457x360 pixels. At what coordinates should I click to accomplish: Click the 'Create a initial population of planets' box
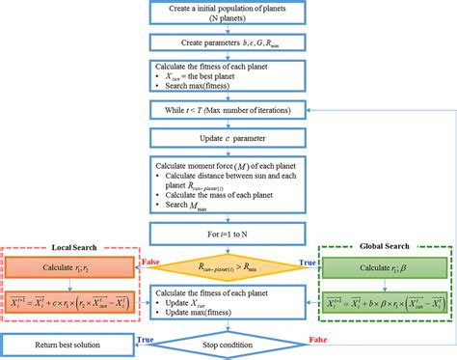(x=228, y=14)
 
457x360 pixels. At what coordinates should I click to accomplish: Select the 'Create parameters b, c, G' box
(x=228, y=43)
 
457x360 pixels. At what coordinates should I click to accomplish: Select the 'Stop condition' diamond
(x=228, y=343)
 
